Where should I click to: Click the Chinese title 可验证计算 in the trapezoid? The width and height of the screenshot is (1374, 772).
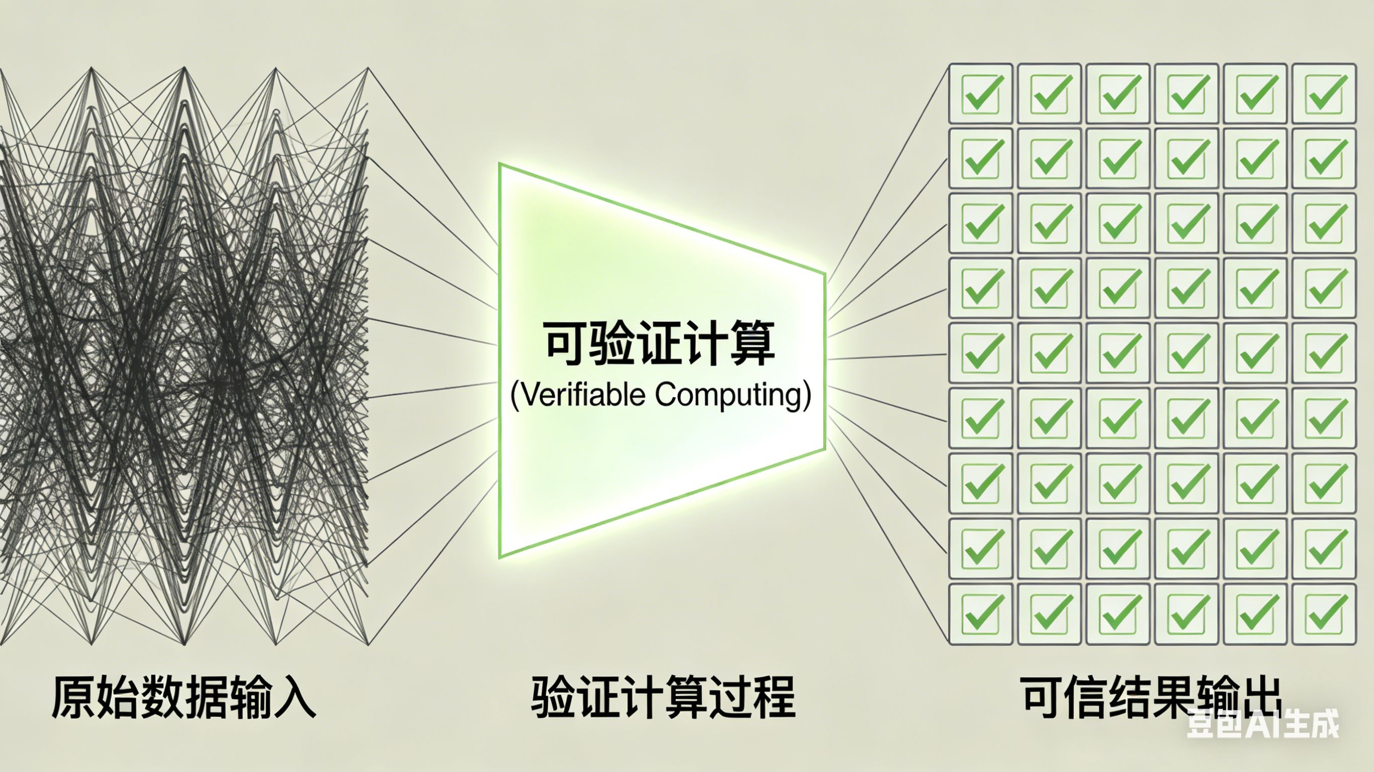[660, 344]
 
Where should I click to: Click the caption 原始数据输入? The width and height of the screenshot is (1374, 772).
[184, 698]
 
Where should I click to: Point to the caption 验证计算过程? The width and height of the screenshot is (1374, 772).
[663, 698]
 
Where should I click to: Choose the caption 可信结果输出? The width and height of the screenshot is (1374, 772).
[1152, 698]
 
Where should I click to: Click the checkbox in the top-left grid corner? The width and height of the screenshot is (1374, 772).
[980, 94]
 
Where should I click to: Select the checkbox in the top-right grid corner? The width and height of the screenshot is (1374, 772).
[1324, 94]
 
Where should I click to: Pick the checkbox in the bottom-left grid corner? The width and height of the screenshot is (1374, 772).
[980, 614]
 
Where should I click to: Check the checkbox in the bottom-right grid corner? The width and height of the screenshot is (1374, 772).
[1324, 614]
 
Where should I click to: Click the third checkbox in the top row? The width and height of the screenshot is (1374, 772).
[1117, 94]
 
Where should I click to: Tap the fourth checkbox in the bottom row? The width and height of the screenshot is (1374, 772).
[1186, 614]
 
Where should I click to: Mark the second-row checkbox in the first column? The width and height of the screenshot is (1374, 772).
[980, 158]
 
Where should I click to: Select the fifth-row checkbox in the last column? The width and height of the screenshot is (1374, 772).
[1324, 354]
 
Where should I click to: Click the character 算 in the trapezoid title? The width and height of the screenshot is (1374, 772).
[751, 344]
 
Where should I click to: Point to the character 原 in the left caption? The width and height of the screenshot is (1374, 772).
[72, 698]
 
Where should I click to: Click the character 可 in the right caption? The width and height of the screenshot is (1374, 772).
[1042, 698]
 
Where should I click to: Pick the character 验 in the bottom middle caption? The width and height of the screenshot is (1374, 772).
[553, 698]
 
